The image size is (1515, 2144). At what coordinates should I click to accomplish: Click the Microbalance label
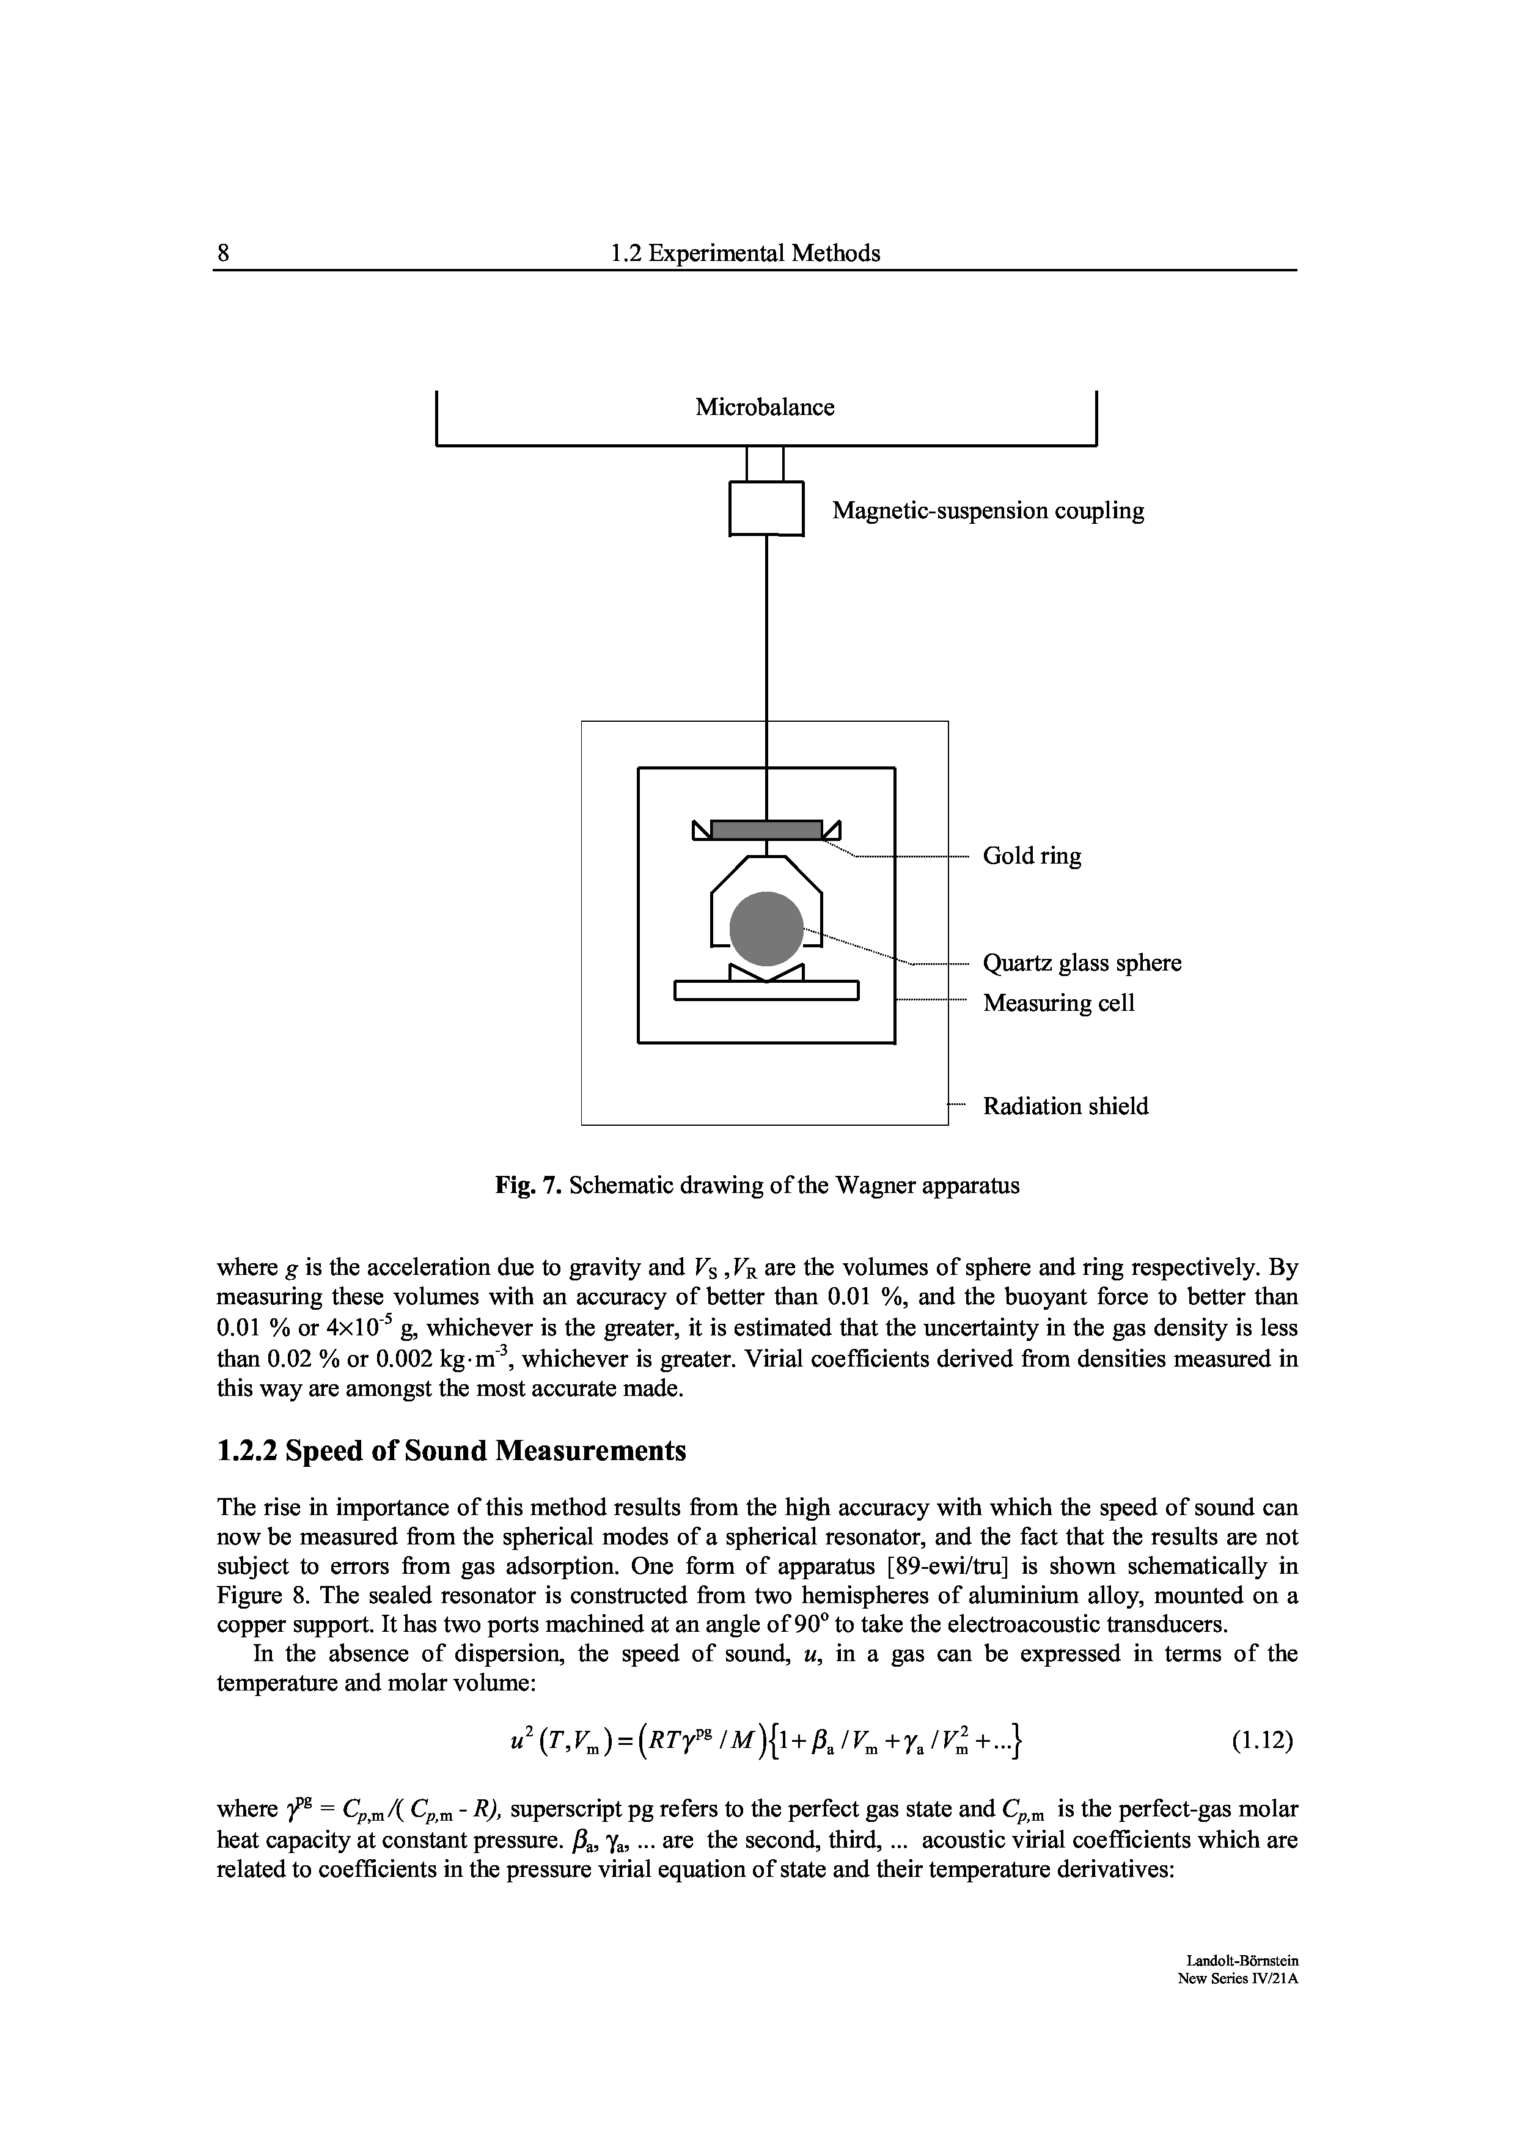coord(765,408)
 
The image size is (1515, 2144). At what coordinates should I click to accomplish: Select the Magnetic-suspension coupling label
coord(988,511)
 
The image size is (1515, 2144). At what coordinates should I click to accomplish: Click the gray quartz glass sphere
coord(765,929)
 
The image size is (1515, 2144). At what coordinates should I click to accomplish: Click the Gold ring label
coord(1032,856)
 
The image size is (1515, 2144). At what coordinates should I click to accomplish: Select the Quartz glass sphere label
coord(1082,963)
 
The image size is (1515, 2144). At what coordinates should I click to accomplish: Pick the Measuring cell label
coord(1058,1003)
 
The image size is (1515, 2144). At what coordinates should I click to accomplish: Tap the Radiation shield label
coord(1066,1107)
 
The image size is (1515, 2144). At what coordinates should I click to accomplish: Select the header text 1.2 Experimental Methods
coord(744,253)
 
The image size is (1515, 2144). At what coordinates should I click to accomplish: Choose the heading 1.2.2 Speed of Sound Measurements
coord(451,1450)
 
